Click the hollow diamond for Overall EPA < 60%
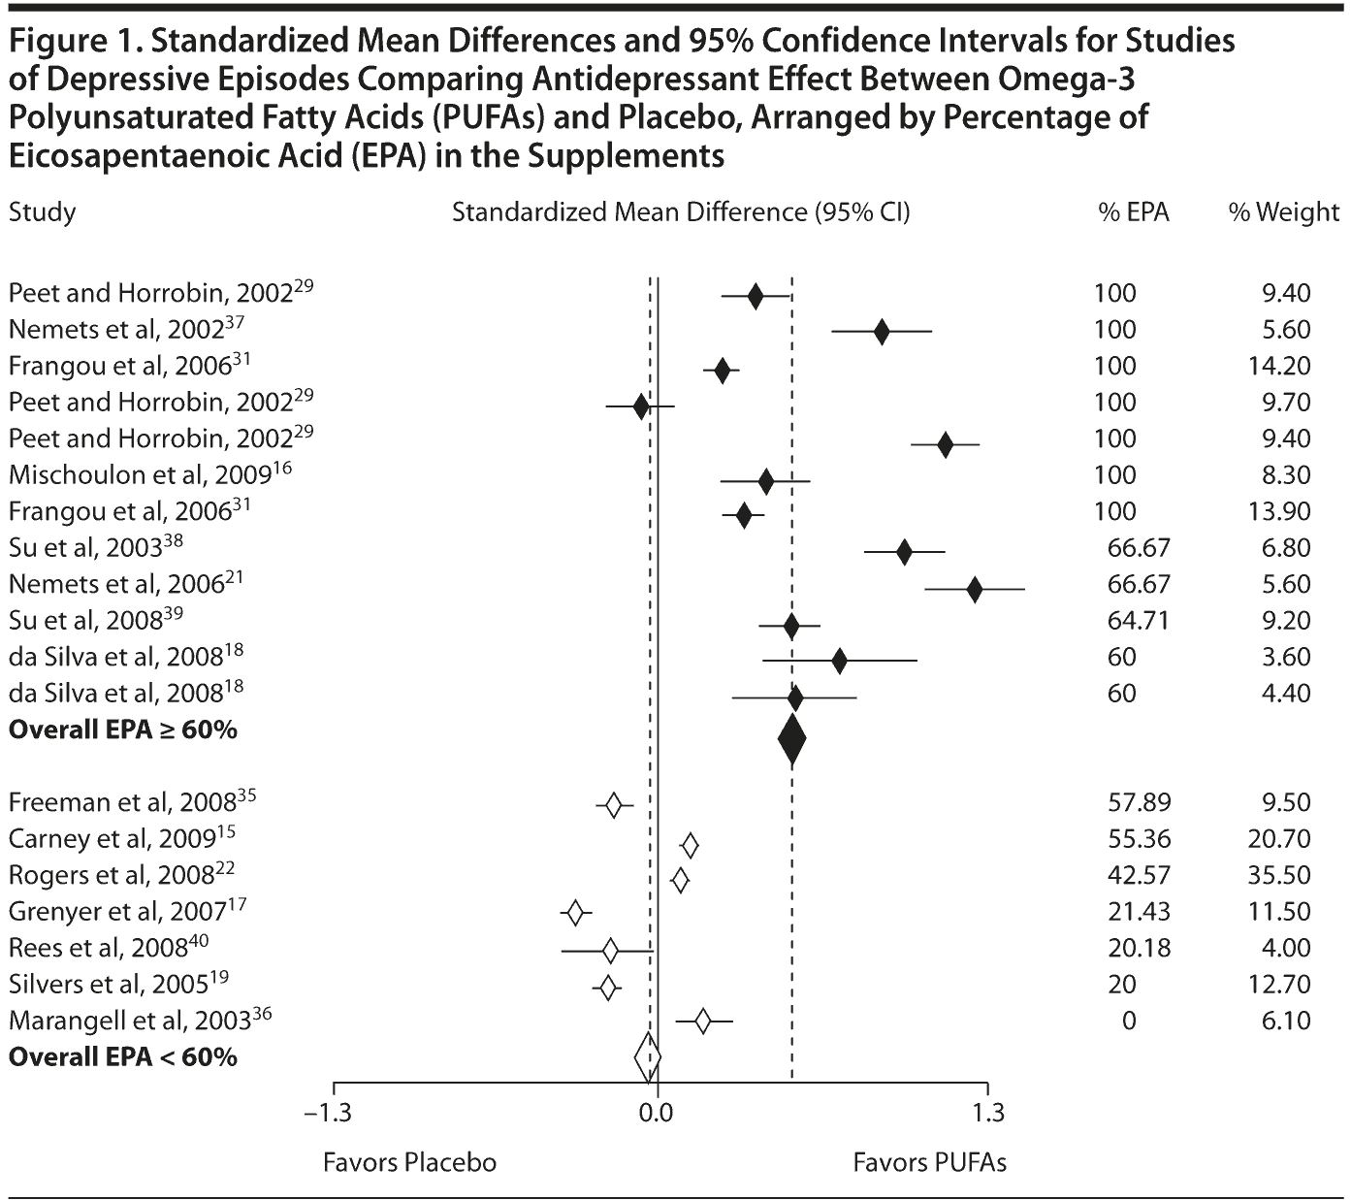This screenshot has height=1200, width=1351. click(647, 1057)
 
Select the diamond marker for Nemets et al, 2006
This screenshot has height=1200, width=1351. click(974, 589)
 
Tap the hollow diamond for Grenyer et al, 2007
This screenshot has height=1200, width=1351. click(575, 913)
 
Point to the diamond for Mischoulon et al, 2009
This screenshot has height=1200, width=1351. click(766, 480)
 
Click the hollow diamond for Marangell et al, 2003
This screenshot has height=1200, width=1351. click(702, 1021)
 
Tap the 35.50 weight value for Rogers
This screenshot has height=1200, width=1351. click(1281, 875)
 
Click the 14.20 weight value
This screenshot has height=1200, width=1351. click(1281, 366)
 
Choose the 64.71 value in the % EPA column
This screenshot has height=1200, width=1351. click(1139, 621)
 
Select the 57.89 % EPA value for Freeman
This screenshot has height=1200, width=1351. click(1139, 802)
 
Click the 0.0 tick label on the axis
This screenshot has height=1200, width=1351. click(657, 1112)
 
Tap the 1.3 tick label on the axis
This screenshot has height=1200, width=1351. click(988, 1112)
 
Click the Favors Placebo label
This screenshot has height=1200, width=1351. click(409, 1162)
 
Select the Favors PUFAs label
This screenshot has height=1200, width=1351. click(929, 1162)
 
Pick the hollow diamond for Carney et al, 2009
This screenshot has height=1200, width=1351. click(690, 846)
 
